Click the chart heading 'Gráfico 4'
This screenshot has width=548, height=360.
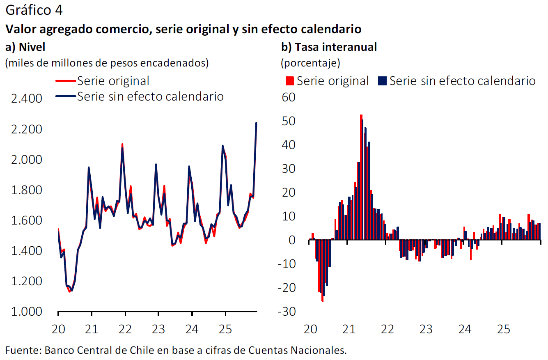[34, 11]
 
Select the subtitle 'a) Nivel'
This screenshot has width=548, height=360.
[25, 47]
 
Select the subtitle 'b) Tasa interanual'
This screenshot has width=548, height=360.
[329, 47]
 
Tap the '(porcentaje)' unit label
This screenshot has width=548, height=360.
[310, 64]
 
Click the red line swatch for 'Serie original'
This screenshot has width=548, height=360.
[66, 81]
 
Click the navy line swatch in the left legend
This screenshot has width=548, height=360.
[66, 96]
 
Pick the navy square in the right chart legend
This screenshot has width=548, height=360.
[382, 81]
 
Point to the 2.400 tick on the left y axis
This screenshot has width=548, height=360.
[27, 99]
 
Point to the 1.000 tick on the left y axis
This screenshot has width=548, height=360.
[27, 312]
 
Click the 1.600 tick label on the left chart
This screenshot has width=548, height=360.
[27, 221]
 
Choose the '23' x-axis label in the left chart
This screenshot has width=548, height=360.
[158, 329]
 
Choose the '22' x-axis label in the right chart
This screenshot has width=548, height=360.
[387, 329]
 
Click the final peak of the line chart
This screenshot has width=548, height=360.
[256, 123]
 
